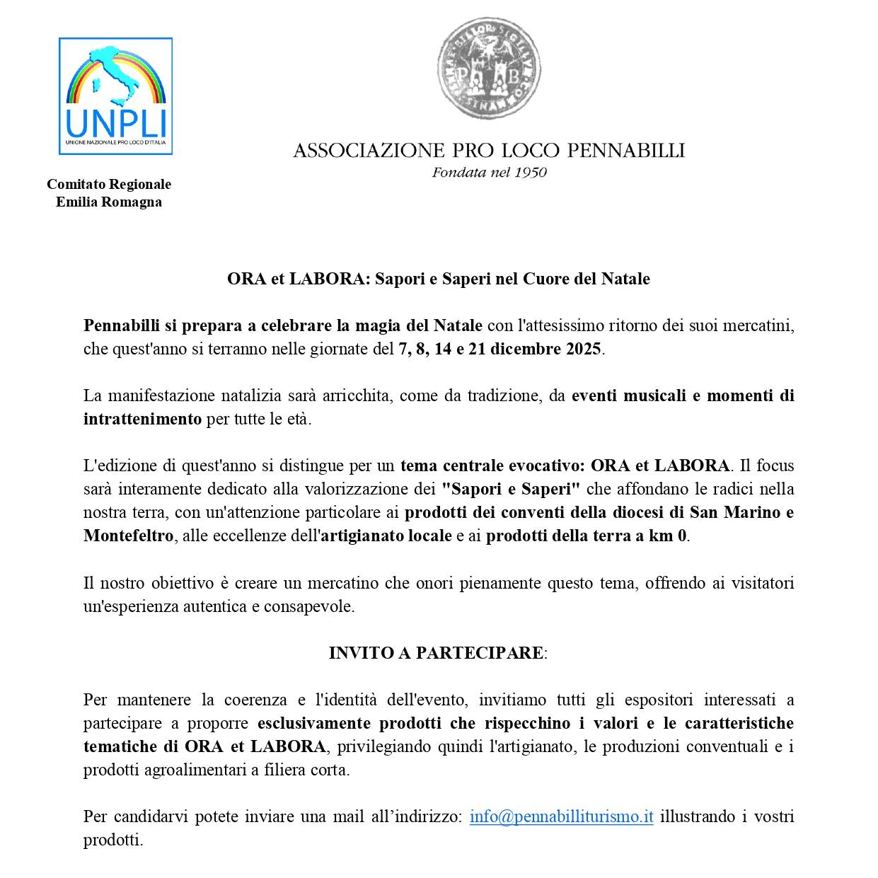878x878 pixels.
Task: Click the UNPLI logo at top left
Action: click(x=115, y=96)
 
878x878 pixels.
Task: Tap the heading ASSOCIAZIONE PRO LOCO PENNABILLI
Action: click(x=489, y=151)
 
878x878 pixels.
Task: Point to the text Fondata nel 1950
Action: click(x=489, y=173)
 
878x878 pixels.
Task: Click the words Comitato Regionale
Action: click(x=109, y=184)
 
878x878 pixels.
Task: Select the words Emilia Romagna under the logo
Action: click(x=109, y=202)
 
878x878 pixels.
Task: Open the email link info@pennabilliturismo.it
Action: click(x=561, y=816)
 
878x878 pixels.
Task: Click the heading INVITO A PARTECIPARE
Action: click(x=437, y=653)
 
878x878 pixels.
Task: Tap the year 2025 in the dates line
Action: click(x=583, y=350)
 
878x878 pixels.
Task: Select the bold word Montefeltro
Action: click(x=128, y=536)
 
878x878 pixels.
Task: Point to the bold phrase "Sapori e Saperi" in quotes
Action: click(x=511, y=489)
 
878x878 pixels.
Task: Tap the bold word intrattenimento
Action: click(x=142, y=419)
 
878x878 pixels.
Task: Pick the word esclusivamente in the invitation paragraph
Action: click(x=315, y=723)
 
